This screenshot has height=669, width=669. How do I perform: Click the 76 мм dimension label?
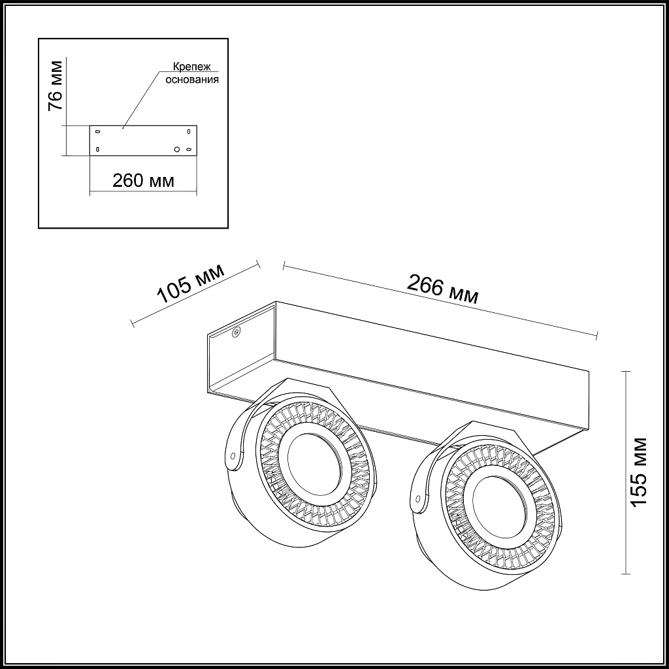pos(56,86)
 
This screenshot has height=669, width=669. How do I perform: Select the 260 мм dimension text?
pos(143,181)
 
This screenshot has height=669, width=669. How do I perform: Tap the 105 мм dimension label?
pos(191,284)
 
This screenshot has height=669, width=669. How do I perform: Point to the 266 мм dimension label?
pos(442,288)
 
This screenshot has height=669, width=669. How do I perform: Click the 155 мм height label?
pos(639,472)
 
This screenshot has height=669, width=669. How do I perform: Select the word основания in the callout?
pos(192,79)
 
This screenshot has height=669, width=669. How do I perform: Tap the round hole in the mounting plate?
pos(176,150)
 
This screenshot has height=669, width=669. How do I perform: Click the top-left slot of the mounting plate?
pos(98,131)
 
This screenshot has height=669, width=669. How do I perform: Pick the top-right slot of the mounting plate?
pos(189,131)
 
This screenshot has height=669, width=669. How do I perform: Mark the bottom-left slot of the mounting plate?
pos(98,149)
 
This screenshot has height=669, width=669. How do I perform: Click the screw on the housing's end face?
pos(235,332)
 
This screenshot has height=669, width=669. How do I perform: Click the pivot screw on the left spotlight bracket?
pos(233,455)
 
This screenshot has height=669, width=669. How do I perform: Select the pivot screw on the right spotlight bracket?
pos(418,497)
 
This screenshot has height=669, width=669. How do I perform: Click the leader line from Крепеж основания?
pos(142,99)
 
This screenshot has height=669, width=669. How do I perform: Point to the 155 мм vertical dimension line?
pos(625,472)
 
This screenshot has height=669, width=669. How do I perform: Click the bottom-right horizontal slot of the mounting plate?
pos(189,150)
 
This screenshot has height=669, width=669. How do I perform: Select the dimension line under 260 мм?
pos(143,191)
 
